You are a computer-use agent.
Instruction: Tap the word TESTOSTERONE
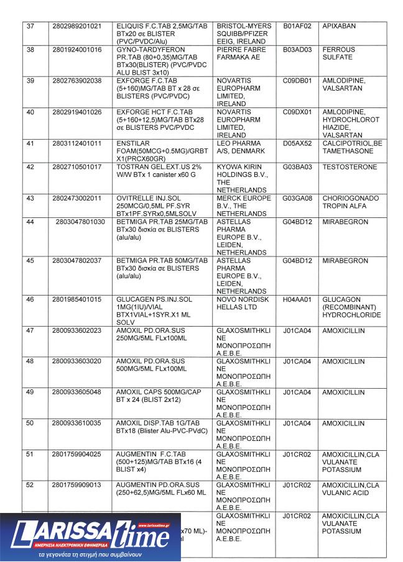point(350,167)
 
